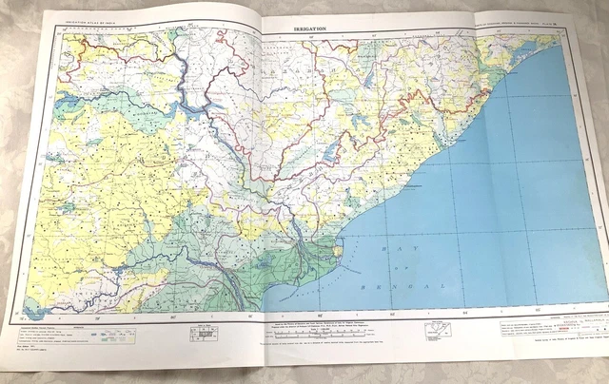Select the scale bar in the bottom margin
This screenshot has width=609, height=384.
(203, 334)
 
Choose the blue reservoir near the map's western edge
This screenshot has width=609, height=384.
(69, 205)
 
